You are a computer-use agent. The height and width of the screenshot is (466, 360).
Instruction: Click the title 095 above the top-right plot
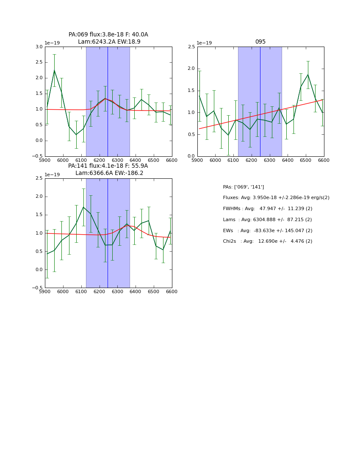(x=260, y=42)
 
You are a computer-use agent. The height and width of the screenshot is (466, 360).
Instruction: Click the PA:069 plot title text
(x=108, y=35)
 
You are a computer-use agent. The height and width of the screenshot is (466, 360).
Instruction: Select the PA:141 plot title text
(x=108, y=166)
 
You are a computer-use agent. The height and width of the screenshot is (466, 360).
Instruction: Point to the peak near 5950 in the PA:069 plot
(x=54, y=70)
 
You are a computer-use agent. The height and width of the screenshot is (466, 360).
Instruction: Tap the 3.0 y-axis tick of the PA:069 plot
(x=39, y=47)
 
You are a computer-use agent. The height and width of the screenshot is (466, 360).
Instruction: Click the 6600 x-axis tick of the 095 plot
(x=324, y=161)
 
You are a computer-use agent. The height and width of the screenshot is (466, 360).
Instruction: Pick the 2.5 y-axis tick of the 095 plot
(x=191, y=47)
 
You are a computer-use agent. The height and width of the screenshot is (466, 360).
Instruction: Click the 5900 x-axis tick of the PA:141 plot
(x=45, y=292)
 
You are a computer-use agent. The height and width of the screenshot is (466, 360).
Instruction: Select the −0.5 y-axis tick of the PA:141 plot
(x=37, y=288)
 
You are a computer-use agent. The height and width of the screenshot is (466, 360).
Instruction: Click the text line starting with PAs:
(x=244, y=187)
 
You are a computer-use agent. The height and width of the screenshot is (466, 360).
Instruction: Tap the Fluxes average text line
(x=276, y=198)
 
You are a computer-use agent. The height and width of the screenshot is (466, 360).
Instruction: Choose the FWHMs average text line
(x=268, y=208)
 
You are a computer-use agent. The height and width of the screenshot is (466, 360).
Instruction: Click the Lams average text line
(x=267, y=219)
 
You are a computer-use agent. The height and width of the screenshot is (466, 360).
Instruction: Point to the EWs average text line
(x=268, y=230)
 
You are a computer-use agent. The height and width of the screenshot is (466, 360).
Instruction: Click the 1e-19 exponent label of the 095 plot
(x=204, y=43)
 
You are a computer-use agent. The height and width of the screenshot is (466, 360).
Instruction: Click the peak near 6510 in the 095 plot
(x=308, y=75)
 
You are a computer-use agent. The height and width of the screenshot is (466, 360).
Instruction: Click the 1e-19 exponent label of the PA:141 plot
(x=52, y=175)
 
